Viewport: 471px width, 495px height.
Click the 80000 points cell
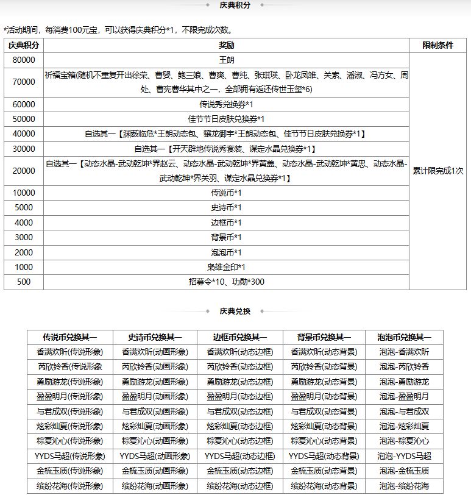point(24,60)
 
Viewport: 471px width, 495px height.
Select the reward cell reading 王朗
point(226,60)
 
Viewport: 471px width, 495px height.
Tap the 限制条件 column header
point(438,45)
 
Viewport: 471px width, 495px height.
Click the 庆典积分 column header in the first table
point(24,45)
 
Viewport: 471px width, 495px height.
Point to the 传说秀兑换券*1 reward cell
point(226,104)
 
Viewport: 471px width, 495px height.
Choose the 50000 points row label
point(24,119)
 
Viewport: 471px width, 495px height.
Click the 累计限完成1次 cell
point(438,171)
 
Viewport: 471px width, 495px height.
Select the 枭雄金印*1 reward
point(226,267)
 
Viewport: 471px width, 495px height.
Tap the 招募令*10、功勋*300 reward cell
point(226,282)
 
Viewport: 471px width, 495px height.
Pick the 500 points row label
point(24,282)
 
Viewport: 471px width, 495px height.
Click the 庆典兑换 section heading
point(235,311)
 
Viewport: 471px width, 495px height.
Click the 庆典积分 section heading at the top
point(235,5)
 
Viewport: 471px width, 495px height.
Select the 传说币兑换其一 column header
point(69,337)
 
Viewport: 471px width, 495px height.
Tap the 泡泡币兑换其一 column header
point(404,337)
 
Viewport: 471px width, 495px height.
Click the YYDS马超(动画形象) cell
point(154,456)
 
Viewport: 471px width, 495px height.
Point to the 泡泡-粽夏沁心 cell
point(404,441)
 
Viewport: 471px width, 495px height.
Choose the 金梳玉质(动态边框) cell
point(239,471)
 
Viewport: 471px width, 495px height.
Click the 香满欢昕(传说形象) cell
point(69,352)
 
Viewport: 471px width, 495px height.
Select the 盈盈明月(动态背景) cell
point(324,396)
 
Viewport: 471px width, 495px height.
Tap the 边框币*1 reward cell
point(226,223)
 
